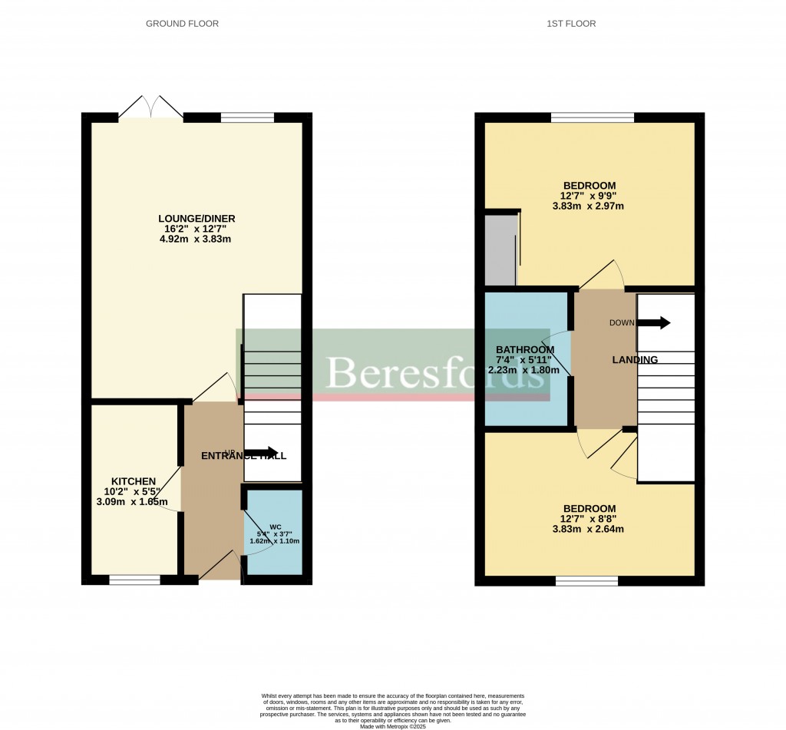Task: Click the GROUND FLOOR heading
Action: [x=182, y=24]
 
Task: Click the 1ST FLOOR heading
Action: [x=571, y=24]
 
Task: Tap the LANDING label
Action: [x=634, y=359]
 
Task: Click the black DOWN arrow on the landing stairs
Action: [x=653, y=323]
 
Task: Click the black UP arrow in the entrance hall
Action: [x=262, y=452]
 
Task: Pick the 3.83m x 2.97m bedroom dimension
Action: [x=589, y=205]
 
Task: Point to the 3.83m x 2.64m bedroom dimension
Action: [x=589, y=528]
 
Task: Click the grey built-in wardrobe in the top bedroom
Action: [x=501, y=250]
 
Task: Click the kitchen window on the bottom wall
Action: [x=134, y=580]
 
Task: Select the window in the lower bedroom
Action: [x=586, y=581]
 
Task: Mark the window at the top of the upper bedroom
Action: [x=593, y=117]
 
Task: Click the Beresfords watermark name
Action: [x=435, y=372]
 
